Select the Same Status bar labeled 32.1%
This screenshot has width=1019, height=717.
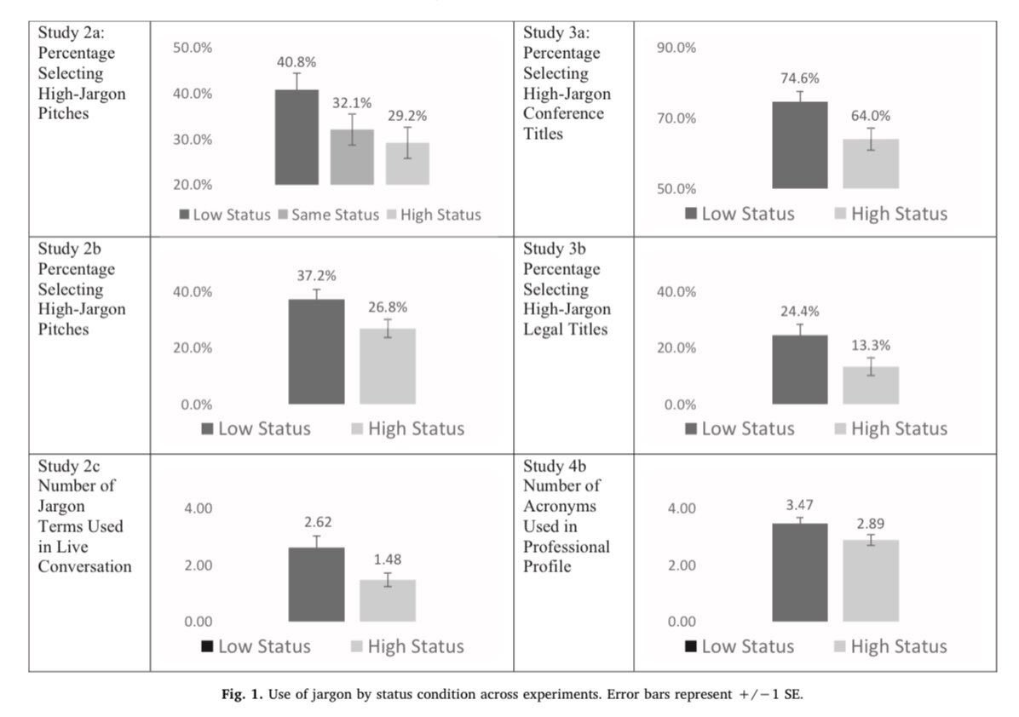(x=352, y=158)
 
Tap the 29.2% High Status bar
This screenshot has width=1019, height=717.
(x=407, y=163)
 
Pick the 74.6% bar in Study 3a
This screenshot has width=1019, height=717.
(x=799, y=145)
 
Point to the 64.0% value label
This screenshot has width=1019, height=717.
(x=870, y=116)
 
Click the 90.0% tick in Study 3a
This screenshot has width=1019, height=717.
(x=676, y=48)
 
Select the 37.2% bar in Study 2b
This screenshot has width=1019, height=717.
(x=316, y=352)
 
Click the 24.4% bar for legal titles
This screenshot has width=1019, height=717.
(x=799, y=370)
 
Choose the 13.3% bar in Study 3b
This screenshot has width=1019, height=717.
(x=871, y=385)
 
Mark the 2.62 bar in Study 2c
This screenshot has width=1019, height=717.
(x=316, y=584)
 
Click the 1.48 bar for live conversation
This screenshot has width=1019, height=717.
(x=387, y=600)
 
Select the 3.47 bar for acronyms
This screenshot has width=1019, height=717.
(x=799, y=572)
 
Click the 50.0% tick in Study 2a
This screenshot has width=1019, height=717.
(x=193, y=48)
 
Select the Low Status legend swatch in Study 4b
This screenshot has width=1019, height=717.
(x=691, y=646)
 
